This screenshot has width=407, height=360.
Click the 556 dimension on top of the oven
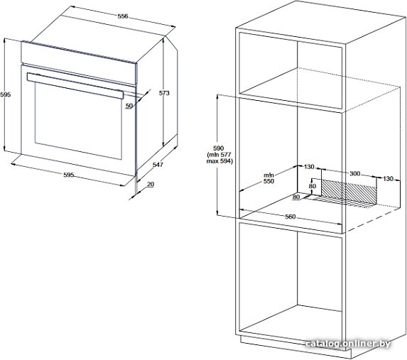(x=123, y=16)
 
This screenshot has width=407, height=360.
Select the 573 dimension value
(x=164, y=93)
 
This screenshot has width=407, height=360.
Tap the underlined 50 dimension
(x=129, y=106)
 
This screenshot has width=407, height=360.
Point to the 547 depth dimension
(x=158, y=165)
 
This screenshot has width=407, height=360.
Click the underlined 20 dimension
(x=151, y=185)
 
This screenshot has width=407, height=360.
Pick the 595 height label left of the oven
(x=6, y=94)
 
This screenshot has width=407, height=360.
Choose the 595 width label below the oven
(x=69, y=175)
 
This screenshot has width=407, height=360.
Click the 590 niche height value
(x=218, y=148)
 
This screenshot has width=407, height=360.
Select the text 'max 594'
(x=219, y=161)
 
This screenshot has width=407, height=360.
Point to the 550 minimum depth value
(x=269, y=182)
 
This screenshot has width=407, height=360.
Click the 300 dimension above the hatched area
(x=355, y=173)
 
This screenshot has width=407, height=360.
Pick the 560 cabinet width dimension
(x=291, y=217)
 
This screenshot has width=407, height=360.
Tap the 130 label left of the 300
(x=309, y=167)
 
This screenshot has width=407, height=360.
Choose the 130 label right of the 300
(x=389, y=178)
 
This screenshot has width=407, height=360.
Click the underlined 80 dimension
(x=296, y=197)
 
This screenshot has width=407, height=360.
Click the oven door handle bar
(x=75, y=86)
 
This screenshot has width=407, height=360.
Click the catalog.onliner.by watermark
(x=348, y=344)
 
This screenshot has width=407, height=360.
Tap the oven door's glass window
(x=78, y=121)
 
